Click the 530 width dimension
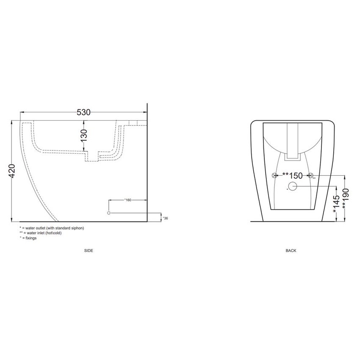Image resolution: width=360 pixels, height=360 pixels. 83,112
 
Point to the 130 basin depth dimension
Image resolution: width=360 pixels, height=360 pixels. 84,135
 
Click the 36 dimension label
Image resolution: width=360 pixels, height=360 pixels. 166,218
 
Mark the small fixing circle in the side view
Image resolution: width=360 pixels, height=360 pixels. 109,213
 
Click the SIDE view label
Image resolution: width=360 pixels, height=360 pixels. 89,251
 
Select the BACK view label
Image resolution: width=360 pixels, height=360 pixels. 291,251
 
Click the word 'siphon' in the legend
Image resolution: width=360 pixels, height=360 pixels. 78,228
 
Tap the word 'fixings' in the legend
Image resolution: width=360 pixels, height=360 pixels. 31,238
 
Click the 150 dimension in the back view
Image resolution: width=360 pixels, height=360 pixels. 293,175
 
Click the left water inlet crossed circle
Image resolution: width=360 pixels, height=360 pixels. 274,175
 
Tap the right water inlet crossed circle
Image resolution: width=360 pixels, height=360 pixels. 310,175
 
